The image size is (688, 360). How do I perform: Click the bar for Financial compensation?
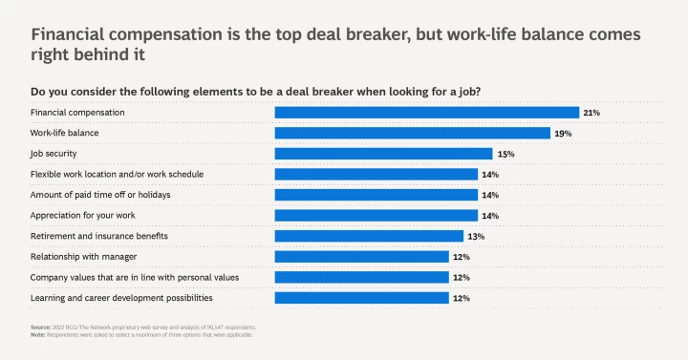[x=426, y=113]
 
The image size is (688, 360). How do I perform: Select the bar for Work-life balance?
[x=412, y=133]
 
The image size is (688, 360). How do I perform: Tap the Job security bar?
[x=383, y=154]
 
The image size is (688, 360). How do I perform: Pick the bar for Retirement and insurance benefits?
[x=369, y=236]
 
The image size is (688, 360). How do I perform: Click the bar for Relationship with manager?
[x=361, y=257]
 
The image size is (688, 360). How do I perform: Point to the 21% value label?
[x=591, y=113]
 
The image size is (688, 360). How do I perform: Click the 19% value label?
[x=562, y=134]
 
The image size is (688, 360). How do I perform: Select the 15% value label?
[x=505, y=154]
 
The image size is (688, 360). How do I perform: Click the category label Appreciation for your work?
[x=84, y=216]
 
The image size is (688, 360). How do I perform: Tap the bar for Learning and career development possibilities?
[x=361, y=298]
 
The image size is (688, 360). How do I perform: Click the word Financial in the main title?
[x=75, y=34]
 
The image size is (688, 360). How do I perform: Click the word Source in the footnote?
[x=40, y=328]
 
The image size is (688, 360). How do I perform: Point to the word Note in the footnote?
[x=38, y=334]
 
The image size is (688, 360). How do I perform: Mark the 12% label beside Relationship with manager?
[x=461, y=257]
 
